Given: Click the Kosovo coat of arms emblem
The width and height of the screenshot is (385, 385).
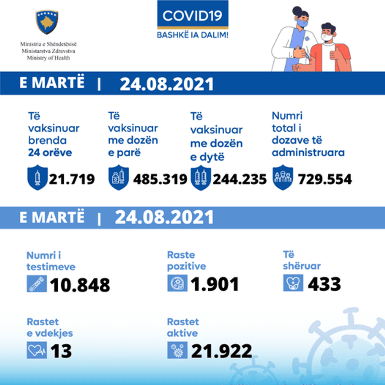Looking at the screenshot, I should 47,22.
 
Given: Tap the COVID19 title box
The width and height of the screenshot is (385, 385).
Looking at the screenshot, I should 192,16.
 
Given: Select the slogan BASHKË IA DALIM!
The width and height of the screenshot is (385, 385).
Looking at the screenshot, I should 192,35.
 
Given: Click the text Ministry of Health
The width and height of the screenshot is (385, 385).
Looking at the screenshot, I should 48,58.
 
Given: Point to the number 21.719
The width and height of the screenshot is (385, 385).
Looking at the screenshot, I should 72,180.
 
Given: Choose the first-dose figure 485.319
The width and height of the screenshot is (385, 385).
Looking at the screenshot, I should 160,180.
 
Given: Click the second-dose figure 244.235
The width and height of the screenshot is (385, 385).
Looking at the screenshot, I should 240,180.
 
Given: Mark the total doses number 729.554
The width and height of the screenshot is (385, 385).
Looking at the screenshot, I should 324,180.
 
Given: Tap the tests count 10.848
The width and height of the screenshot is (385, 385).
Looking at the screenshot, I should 80,285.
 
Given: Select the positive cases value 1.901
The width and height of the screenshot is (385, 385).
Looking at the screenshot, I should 215,284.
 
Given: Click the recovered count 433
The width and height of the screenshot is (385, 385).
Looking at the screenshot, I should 324,284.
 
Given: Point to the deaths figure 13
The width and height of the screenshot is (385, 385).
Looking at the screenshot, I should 61,351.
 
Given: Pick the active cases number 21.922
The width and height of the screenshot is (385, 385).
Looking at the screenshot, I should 221,351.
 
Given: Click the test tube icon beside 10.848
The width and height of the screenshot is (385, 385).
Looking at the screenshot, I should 37,284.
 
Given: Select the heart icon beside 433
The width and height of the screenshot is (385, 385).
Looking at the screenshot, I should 293,283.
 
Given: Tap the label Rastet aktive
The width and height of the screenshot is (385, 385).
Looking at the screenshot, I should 183,328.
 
